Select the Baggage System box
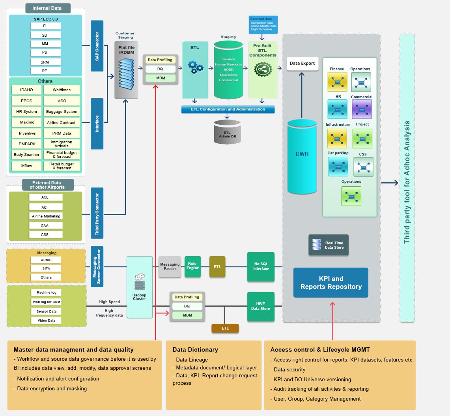coord(62,112)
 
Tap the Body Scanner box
coord(27,155)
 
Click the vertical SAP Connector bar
coord(97,46)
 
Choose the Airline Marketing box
coord(46,216)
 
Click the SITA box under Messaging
coord(46,268)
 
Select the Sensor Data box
coord(46,311)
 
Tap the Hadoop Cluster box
coord(140,287)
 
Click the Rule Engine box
coord(192,266)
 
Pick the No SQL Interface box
coord(261,266)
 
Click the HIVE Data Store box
coord(261,306)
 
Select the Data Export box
coord(302,63)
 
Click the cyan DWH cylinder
coord(302,154)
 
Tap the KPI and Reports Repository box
coord(330,283)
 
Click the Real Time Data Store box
coord(329,245)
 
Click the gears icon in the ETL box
coord(195,67)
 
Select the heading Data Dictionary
coord(195,349)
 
